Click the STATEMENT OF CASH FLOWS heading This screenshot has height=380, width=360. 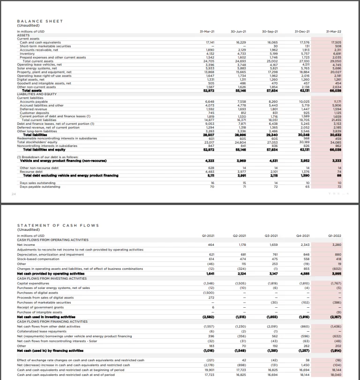pyautogui.click(x=58, y=226)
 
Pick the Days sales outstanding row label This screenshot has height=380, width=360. pyautogui.click(x=37, y=183)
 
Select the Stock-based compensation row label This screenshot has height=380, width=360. pyautogui.click(x=38, y=258)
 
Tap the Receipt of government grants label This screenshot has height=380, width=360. pyautogui.click(x=40, y=307)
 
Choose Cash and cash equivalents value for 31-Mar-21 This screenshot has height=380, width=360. pyautogui.click(x=210, y=42)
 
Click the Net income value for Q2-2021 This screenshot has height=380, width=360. pyautogui.click(x=241, y=244)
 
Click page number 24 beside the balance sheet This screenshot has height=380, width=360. pyautogui.click(x=13, y=192)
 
